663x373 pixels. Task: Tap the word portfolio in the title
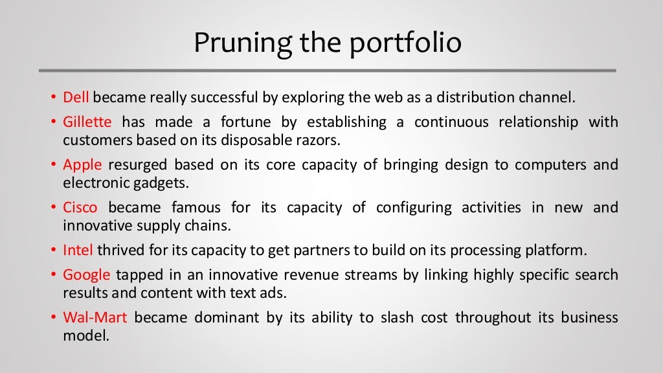point(406,43)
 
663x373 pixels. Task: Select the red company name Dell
point(77,98)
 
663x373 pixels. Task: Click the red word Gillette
point(87,122)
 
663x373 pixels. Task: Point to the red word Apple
point(82,164)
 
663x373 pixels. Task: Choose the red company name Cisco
point(80,207)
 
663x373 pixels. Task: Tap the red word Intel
point(78,250)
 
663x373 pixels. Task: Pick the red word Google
point(87,275)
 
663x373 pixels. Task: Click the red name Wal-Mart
point(95,317)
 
